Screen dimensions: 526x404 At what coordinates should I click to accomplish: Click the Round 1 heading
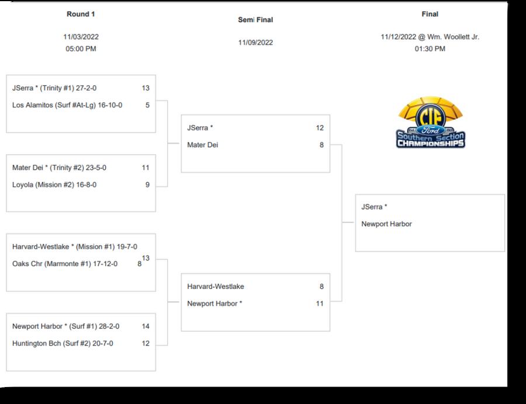click(x=81, y=14)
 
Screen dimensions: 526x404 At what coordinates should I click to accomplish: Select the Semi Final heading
click(x=255, y=20)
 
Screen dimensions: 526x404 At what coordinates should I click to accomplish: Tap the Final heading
click(x=430, y=14)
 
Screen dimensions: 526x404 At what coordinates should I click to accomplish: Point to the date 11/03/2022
click(x=81, y=37)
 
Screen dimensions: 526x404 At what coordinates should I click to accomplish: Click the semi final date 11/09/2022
click(x=255, y=43)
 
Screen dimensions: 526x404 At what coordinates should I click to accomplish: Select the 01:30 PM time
click(x=430, y=49)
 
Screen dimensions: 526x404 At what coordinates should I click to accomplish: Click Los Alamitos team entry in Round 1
click(x=67, y=106)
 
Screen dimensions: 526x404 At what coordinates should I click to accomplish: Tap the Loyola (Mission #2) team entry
click(x=54, y=185)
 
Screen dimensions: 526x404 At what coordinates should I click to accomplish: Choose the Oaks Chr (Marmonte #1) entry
click(x=65, y=264)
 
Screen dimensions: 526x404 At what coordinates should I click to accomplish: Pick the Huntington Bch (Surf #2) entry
click(x=63, y=344)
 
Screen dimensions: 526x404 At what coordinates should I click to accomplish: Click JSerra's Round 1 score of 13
click(x=146, y=89)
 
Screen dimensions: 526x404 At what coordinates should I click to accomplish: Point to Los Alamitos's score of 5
click(x=147, y=106)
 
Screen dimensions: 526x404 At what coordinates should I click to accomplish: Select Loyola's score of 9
click(x=147, y=185)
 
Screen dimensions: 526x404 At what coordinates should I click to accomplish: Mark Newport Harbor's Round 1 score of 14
click(x=146, y=327)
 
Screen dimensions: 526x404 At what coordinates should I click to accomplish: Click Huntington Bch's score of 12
click(x=146, y=344)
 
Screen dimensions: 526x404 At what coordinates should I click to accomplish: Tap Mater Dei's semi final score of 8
click(x=321, y=145)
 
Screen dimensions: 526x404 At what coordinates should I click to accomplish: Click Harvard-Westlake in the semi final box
click(x=216, y=287)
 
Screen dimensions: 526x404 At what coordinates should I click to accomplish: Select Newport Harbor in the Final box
click(x=386, y=224)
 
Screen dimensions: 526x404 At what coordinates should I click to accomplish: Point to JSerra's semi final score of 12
click(x=320, y=128)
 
